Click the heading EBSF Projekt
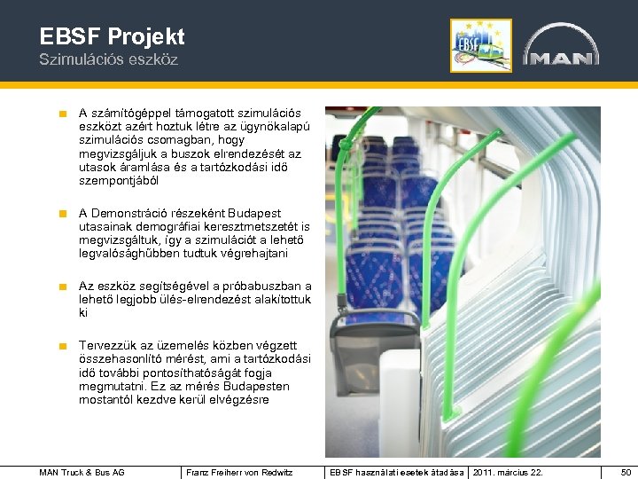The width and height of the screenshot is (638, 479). (x=113, y=36)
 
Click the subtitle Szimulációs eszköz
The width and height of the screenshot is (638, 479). (x=108, y=59)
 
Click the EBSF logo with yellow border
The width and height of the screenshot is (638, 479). (x=480, y=45)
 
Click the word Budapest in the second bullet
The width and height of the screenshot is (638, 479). (x=254, y=213)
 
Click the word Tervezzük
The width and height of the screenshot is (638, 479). (x=109, y=346)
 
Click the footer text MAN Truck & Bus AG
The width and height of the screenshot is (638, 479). (x=82, y=472)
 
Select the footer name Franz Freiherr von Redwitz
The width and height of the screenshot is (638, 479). (x=239, y=472)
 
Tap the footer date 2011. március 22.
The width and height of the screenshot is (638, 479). (x=509, y=472)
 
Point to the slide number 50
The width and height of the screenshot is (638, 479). (x=626, y=472)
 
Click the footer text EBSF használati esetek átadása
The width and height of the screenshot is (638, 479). (x=396, y=472)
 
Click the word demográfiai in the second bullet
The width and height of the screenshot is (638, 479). (x=173, y=226)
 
